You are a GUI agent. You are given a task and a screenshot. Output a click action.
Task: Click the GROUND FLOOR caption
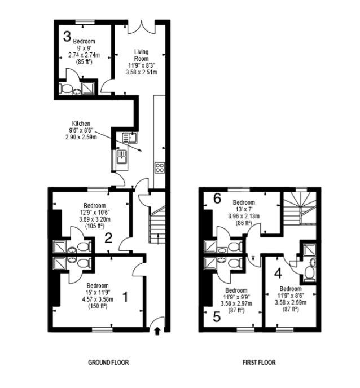[108, 363]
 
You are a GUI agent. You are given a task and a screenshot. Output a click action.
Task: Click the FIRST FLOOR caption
[259, 363]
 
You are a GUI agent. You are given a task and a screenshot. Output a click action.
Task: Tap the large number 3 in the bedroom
[67, 36]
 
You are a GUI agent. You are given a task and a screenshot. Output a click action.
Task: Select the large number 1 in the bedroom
[126, 297]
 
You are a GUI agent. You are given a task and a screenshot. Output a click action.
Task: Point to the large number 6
[217, 198]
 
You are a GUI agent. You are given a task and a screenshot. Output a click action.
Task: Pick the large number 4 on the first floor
[278, 274]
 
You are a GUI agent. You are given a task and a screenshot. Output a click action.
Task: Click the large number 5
[217, 316]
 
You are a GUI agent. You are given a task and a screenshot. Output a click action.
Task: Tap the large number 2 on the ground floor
[109, 239]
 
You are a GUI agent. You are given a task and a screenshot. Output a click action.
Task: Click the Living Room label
[142, 55]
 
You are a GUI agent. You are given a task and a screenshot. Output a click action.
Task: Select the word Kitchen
[81, 124]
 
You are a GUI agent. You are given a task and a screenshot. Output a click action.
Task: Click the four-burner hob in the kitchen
[160, 167]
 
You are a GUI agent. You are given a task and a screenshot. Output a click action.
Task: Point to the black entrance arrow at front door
[157, 331]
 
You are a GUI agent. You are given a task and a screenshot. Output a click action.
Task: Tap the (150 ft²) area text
[98, 306]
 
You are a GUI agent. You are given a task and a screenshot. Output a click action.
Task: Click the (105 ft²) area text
[95, 226]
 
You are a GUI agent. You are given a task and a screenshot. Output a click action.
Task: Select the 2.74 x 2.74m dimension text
[84, 55]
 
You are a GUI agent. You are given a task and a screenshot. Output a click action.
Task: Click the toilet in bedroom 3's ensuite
[65, 89]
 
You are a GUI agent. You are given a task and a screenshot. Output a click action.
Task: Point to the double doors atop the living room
[142, 27]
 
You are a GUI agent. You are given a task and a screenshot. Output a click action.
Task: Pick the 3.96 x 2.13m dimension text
[244, 216]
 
